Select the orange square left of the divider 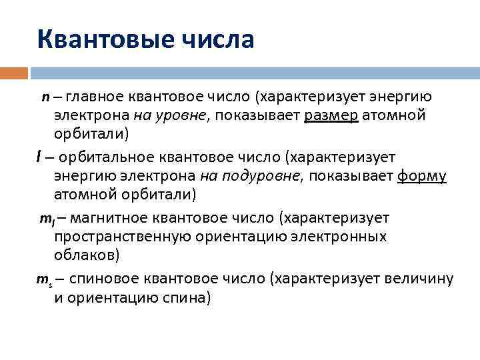[14, 72]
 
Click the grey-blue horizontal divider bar [253, 72]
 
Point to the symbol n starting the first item [45, 98]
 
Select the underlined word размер [331, 116]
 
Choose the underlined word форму [421, 176]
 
